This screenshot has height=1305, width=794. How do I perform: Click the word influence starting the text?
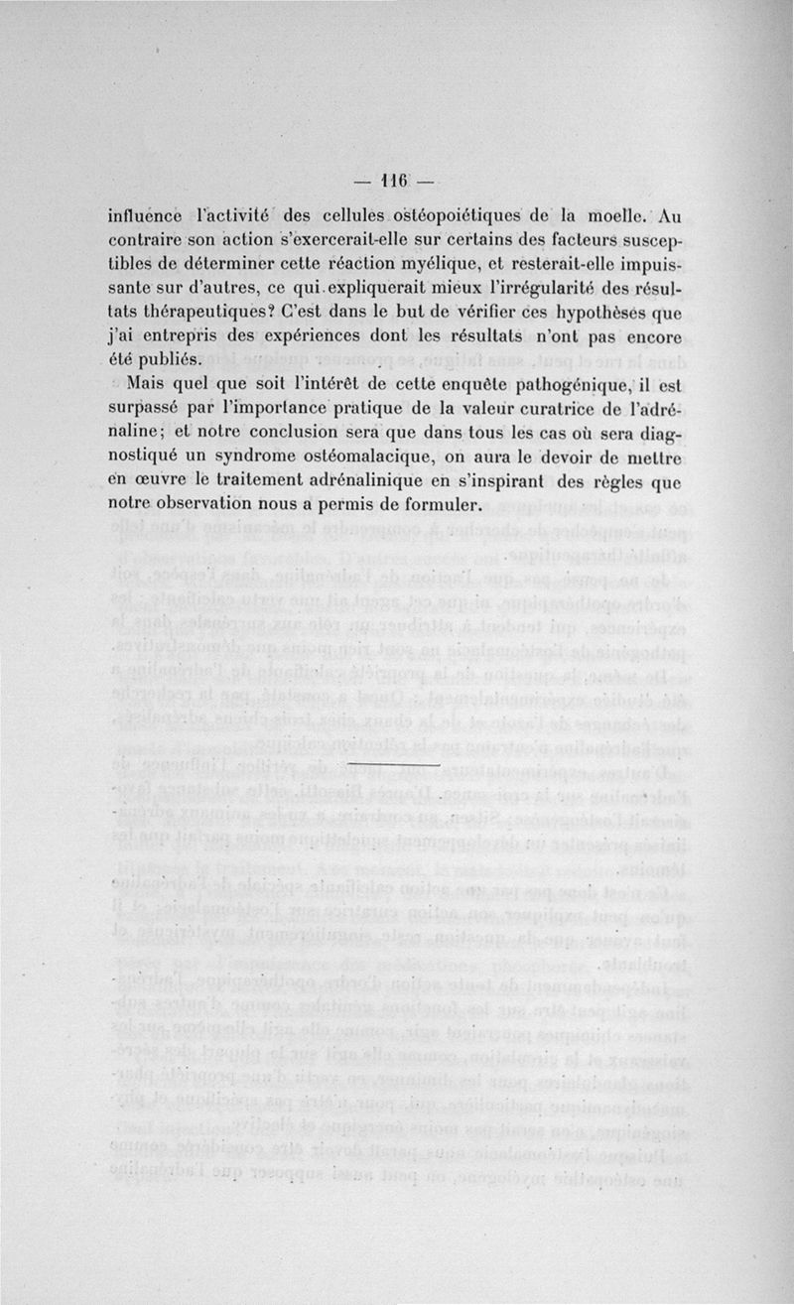point(145,215)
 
